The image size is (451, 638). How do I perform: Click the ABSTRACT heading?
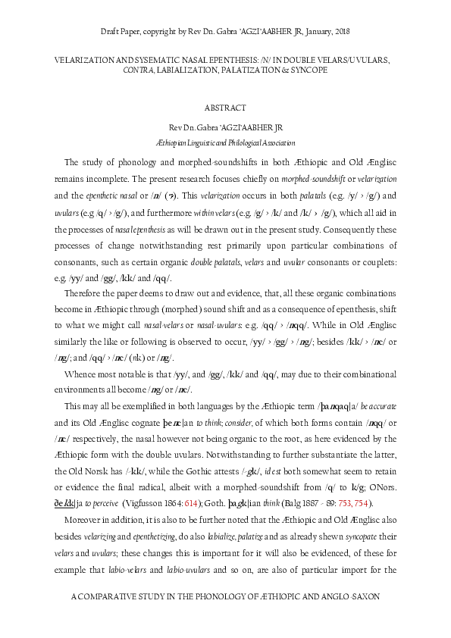pos(225,108)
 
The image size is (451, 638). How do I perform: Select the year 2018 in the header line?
pos(340,31)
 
